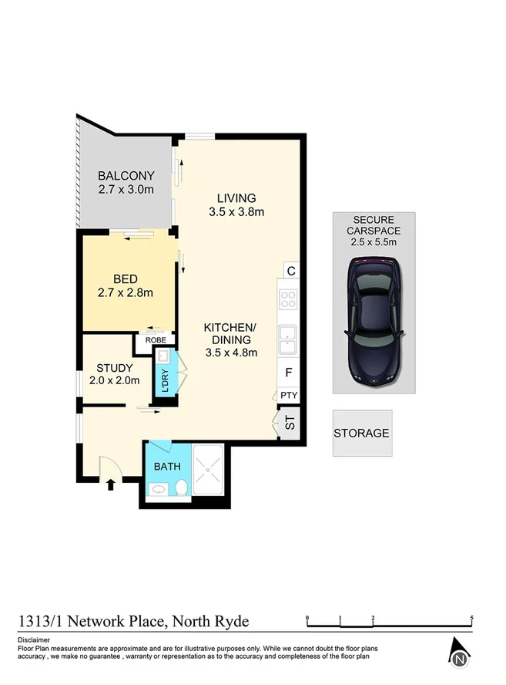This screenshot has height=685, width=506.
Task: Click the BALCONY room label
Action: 126,175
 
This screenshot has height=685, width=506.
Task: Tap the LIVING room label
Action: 236,197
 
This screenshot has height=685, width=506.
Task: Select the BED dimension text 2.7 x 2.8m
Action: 126,292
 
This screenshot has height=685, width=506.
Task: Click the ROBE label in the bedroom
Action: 156,339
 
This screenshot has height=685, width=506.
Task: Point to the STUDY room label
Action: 116,367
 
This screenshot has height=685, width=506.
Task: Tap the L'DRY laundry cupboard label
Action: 164,379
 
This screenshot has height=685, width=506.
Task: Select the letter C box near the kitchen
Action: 290,271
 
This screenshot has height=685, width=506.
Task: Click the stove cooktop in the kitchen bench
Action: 288,299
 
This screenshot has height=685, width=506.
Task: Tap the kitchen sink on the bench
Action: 288,336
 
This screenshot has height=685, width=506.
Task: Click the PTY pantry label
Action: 289,396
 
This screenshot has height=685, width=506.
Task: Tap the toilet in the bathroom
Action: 182,488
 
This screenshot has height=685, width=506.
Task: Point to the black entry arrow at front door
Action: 109,484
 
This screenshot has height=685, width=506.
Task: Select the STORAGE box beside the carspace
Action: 362,434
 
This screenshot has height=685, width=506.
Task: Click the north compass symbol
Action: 459,655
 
